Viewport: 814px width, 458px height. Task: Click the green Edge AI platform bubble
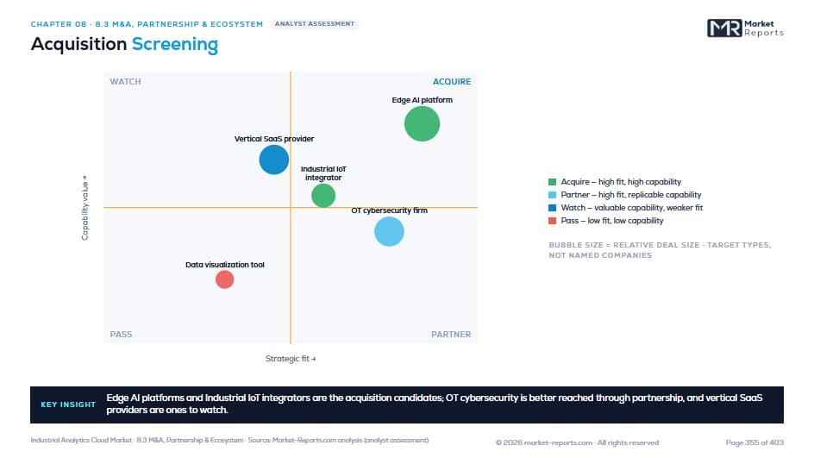point(422,123)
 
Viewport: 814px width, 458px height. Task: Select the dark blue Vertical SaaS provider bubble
point(274,160)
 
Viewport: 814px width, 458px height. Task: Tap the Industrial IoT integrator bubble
point(323,196)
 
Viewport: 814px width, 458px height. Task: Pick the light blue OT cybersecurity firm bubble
point(390,232)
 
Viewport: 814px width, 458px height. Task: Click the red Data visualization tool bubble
point(225,279)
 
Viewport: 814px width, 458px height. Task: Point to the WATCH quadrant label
point(125,82)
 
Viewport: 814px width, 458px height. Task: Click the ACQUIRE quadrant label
point(452,82)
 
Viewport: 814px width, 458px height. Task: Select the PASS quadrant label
point(121,335)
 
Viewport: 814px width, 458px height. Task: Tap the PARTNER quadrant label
point(451,335)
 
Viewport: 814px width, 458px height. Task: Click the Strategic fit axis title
point(291,358)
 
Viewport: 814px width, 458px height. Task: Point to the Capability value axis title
point(85,208)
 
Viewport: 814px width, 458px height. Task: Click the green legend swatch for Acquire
point(553,182)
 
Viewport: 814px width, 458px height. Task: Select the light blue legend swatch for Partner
point(553,195)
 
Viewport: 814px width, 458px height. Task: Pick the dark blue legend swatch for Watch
point(553,208)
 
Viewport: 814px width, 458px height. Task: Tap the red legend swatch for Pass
point(553,221)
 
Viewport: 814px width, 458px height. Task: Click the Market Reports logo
point(746,28)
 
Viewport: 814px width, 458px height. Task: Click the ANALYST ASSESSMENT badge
point(315,24)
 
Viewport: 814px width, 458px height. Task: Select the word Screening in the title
point(175,45)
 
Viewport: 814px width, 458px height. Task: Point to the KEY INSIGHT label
point(68,405)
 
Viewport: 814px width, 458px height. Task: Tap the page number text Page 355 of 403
point(755,442)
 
